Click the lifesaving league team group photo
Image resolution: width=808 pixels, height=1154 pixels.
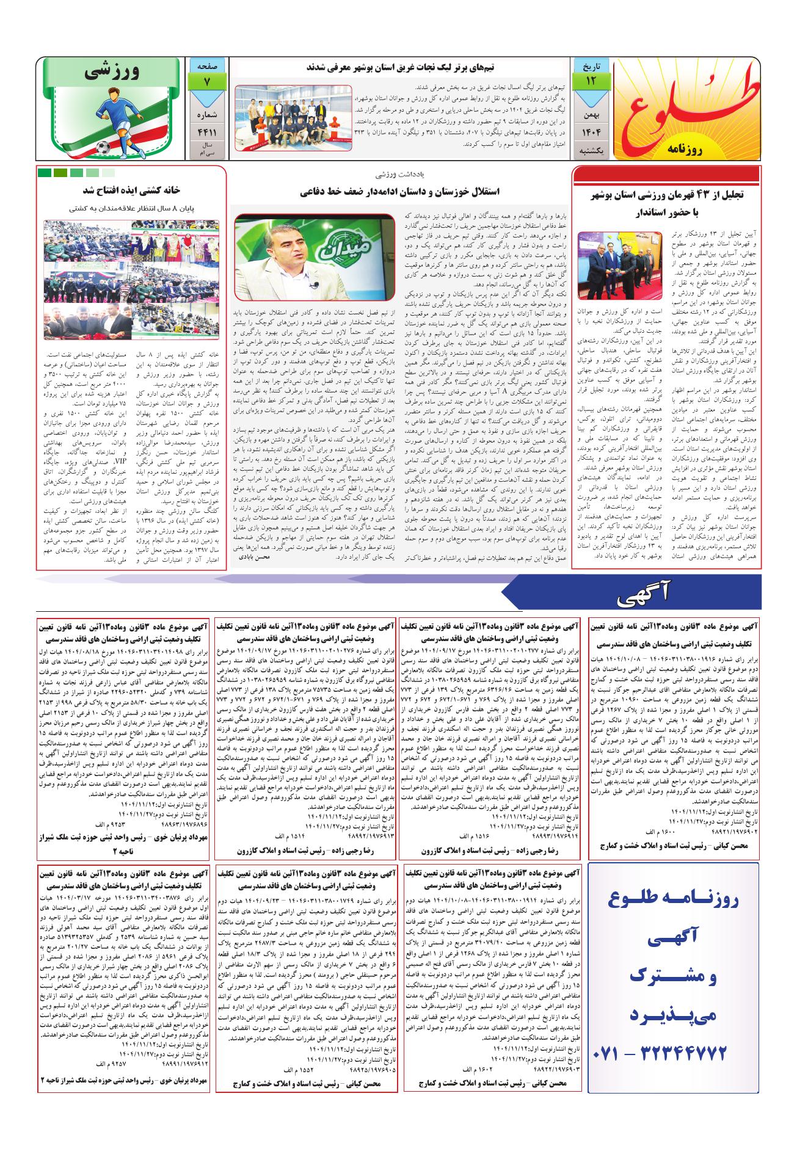(293, 117)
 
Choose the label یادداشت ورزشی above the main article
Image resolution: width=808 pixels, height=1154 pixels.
(401, 174)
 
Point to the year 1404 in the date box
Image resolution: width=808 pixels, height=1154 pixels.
(589, 131)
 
